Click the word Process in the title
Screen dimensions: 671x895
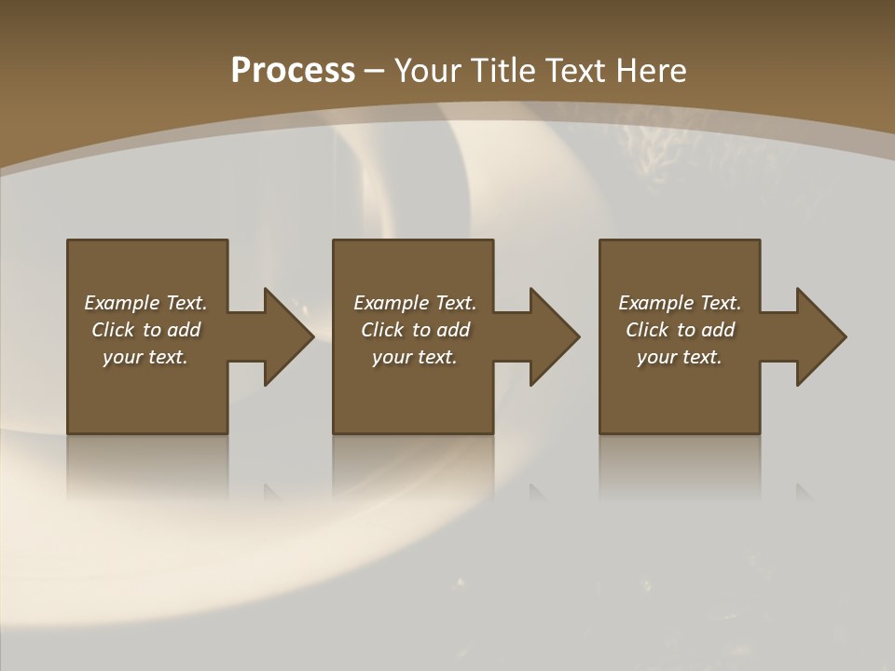(293, 71)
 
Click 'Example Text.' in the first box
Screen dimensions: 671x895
(145, 303)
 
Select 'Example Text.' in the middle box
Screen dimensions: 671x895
(415, 303)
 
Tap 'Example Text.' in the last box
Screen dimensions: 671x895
(680, 303)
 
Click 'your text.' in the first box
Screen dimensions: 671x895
(145, 357)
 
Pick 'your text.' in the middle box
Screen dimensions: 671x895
(415, 357)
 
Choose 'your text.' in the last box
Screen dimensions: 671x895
(680, 357)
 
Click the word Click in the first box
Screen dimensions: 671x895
(112, 330)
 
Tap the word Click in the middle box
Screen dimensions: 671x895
(381, 330)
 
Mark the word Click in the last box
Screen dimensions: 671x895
(647, 330)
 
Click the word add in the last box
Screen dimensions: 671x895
(718, 330)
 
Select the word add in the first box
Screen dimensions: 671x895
(184, 330)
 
